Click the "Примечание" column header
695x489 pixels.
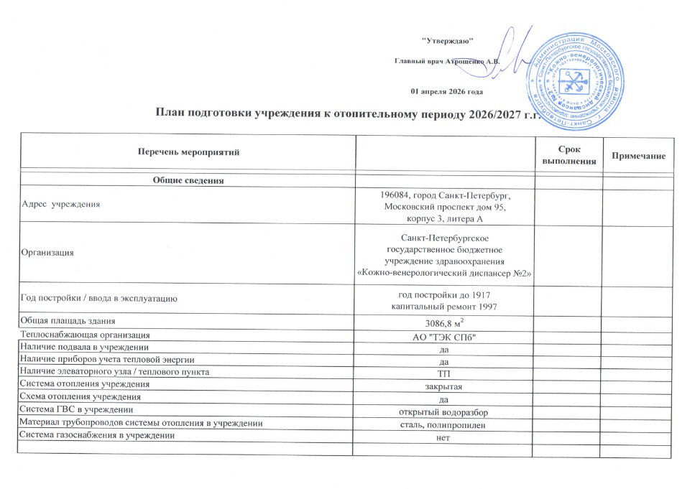point(638,156)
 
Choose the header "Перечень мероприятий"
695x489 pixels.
point(188,152)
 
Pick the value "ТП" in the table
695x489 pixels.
point(443,373)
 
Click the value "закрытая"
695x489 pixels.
point(443,386)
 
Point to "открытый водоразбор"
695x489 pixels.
point(443,411)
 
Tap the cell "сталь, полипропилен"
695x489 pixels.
point(443,425)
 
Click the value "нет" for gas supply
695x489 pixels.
point(443,438)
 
